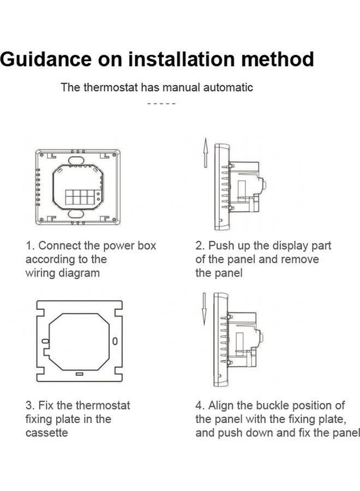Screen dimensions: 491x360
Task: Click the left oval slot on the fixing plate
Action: [46, 341]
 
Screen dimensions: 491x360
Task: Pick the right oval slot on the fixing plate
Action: [115, 341]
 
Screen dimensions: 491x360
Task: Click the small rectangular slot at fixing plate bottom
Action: [80, 374]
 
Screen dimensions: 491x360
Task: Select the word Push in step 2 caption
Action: [221, 246]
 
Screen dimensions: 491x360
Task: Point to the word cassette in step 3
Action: [47, 433]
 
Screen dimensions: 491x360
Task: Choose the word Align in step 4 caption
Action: [221, 406]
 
